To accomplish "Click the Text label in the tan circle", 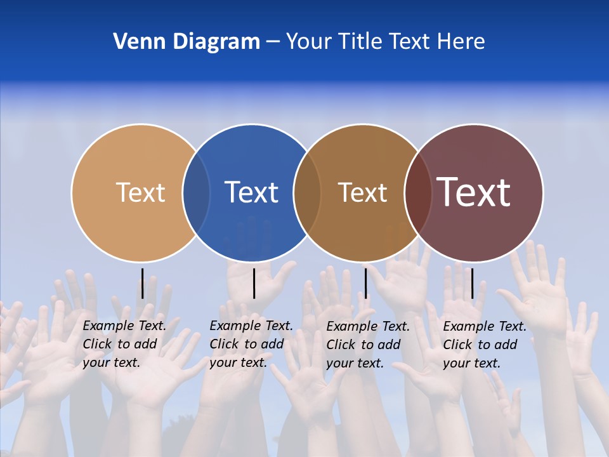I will [140, 192].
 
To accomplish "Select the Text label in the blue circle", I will [252, 192].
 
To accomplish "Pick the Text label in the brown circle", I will [362, 192].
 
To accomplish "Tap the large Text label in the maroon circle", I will [474, 192].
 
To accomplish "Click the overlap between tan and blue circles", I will [196, 193].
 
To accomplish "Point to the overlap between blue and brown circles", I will [307, 193].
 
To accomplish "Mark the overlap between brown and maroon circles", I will [418, 193].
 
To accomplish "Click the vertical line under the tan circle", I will [143, 283].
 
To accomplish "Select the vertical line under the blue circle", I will [254, 283].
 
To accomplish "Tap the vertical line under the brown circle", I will [365, 283].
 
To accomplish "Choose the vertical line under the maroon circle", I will [472, 283].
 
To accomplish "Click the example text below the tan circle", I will [124, 344].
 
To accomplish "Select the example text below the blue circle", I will [251, 344].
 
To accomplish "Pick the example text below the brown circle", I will [368, 345].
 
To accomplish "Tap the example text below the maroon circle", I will [485, 345].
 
